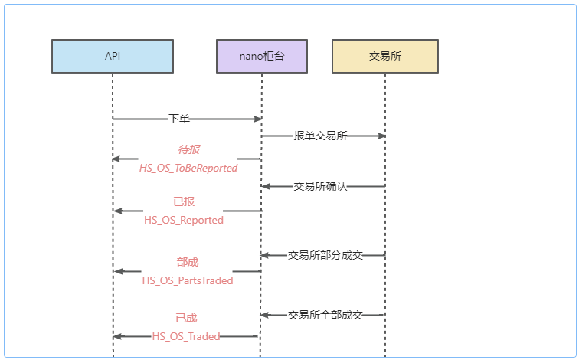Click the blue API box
[113, 56]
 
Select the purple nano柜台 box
[262, 56]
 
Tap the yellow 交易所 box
[384, 56]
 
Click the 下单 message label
[179, 119]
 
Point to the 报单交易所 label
[320, 136]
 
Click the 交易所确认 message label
[320, 186]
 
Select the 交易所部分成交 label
[325, 255]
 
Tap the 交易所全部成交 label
[325, 315]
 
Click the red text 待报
[188, 149]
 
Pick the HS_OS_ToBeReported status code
[188, 167]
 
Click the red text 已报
[184, 202]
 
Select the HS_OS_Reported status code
[184, 220]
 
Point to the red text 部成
[188, 262]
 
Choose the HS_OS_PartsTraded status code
[188, 280]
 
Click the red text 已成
[185, 318]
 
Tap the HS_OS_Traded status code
[185, 335]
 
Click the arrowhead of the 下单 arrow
[258, 119]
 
